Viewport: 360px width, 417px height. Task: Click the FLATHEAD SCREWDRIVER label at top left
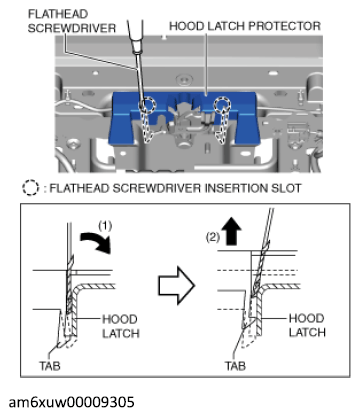[72, 21]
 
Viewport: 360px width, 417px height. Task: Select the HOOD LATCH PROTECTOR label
[245, 26]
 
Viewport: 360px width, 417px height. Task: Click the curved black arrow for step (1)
[97, 242]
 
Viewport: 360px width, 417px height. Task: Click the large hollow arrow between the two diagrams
[176, 285]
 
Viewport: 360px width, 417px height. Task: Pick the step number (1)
[105, 226]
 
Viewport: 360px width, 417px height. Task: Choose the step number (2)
[213, 237]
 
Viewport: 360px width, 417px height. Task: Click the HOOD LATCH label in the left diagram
[121, 326]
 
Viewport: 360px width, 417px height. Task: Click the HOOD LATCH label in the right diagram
[307, 325]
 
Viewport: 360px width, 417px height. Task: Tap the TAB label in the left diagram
[50, 366]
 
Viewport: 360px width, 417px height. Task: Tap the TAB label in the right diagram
[235, 366]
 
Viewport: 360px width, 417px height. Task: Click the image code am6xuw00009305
[71, 402]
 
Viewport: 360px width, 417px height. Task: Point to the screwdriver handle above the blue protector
[135, 35]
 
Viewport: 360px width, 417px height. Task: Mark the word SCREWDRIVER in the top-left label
[72, 28]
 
